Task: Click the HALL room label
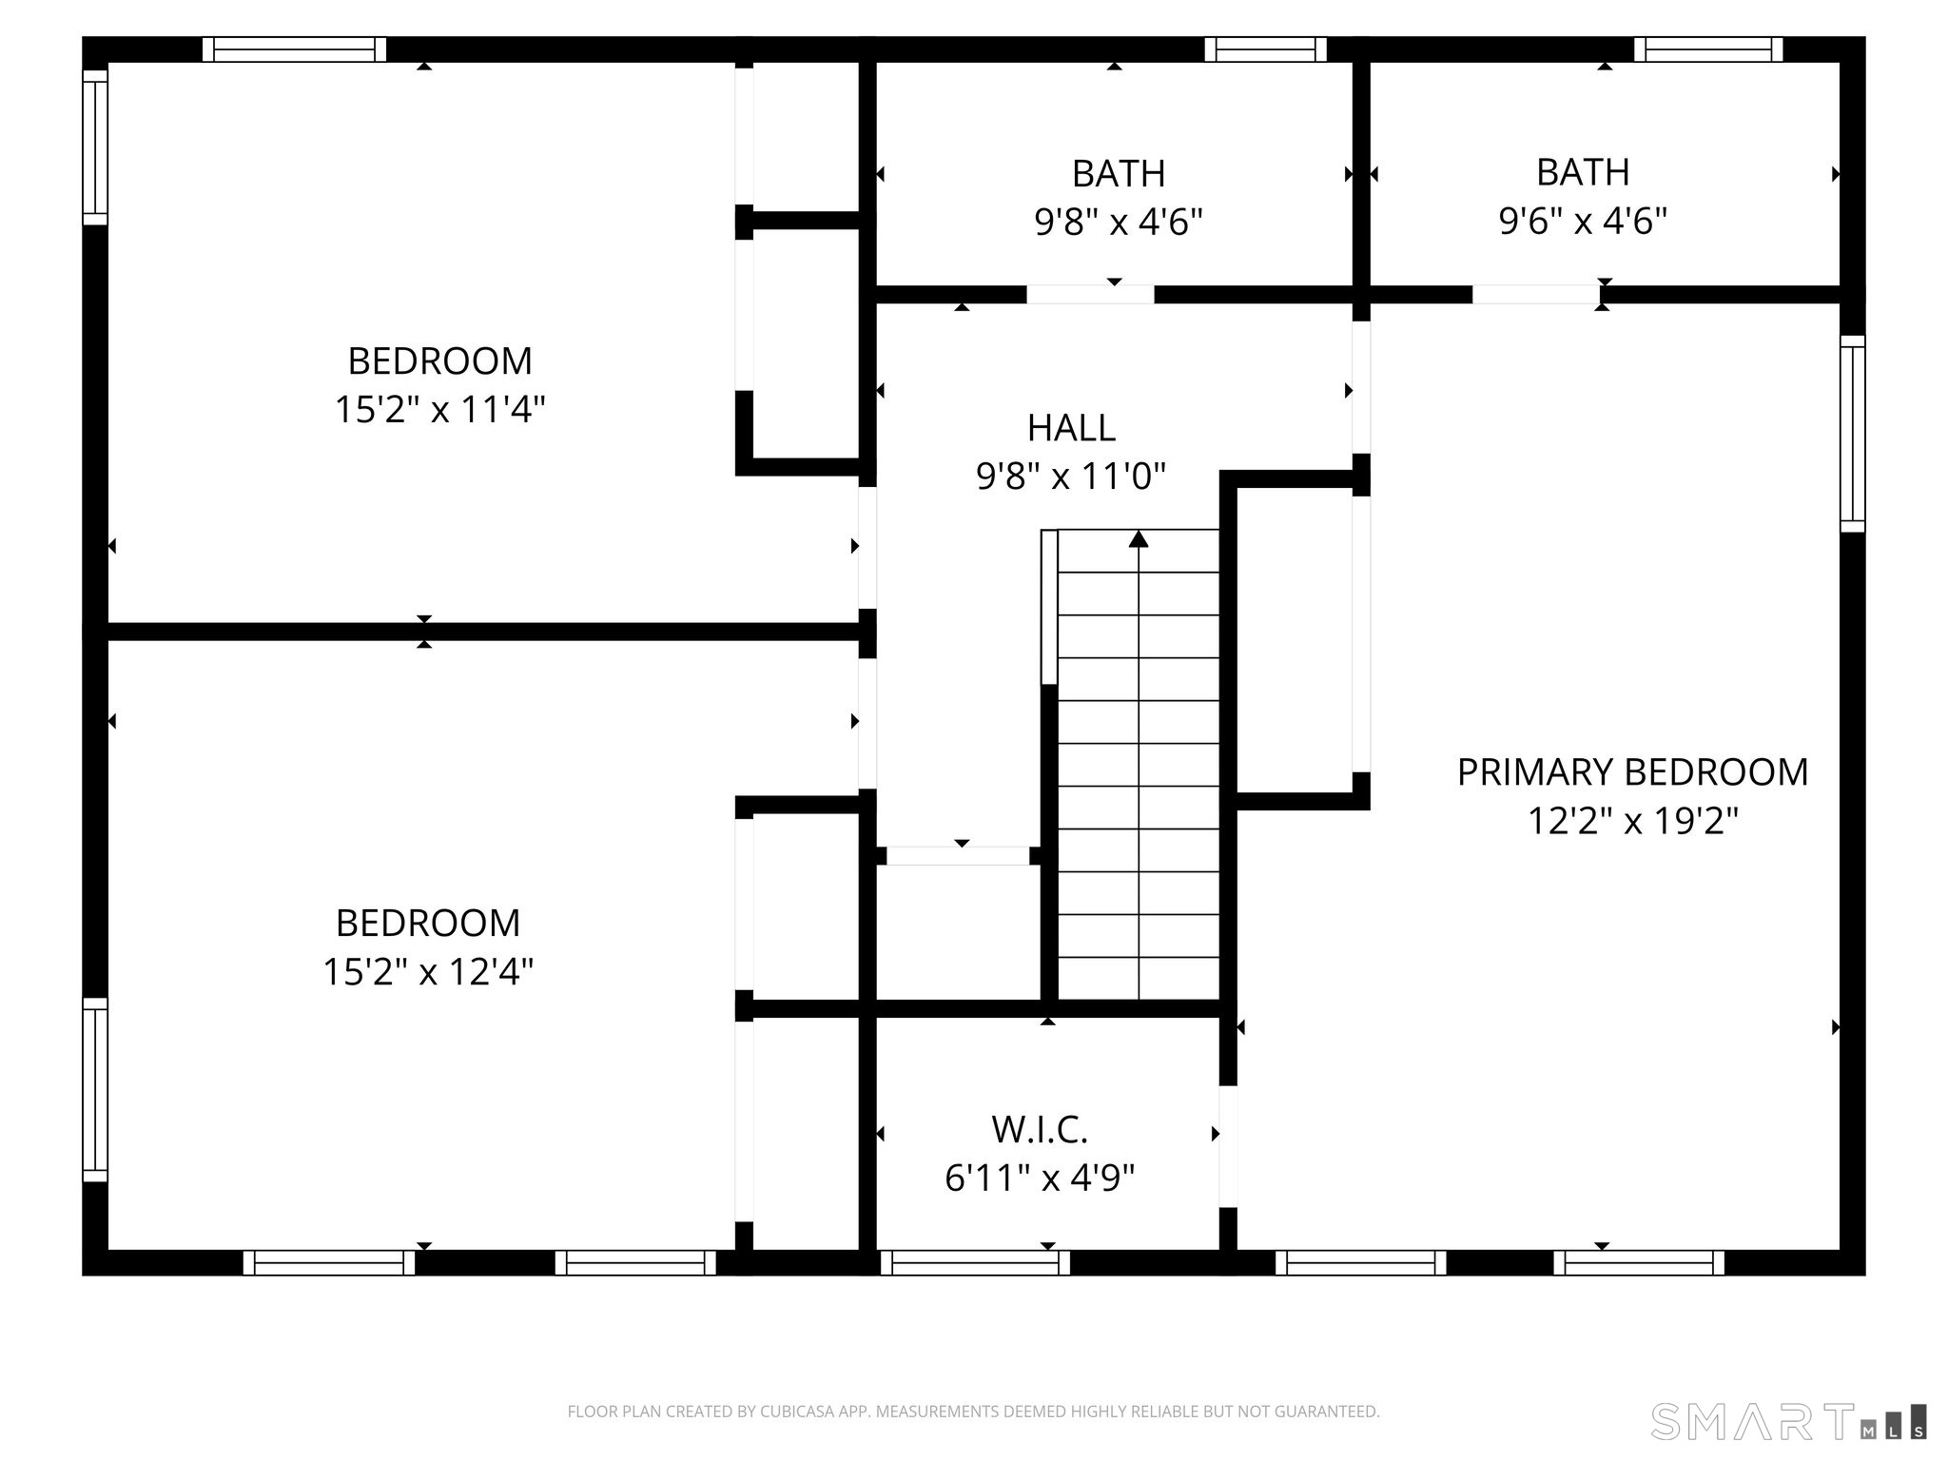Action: (1071, 428)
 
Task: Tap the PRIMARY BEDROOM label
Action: (1632, 771)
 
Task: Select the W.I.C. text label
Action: (1040, 1130)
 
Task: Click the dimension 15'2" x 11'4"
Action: (439, 410)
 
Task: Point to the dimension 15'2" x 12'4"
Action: (428, 972)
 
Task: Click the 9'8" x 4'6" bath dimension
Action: (1119, 223)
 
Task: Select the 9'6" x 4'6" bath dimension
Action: (1583, 221)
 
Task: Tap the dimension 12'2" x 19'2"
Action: (1632, 821)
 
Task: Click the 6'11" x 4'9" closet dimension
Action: (1040, 1179)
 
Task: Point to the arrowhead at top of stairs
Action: (1139, 539)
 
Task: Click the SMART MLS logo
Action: (1788, 1421)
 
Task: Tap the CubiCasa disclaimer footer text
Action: (973, 1412)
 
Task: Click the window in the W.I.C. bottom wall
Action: (975, 1262)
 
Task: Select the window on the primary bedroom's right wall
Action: (1852, 433)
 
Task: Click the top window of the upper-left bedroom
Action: (295, 49)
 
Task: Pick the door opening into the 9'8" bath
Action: (1090, 295)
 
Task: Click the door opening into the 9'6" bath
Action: (1536, 295)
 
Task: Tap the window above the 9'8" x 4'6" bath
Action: (1265, 49)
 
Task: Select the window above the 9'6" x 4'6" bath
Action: (1708, 49)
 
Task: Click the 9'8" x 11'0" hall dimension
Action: (1071, 477)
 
